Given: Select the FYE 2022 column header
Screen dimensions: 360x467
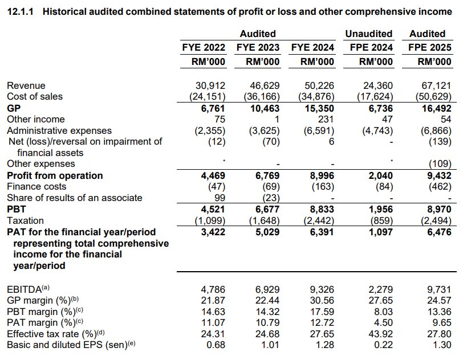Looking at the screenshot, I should (x=202, y=48).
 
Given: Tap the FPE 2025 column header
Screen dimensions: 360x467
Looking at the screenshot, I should (x=431, y=48).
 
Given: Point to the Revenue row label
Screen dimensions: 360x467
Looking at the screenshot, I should (x=26, y=85).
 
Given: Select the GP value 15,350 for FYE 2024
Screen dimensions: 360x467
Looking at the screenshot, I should (x=319, y=108).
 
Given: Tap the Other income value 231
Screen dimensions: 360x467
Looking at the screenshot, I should (x=326, y=119).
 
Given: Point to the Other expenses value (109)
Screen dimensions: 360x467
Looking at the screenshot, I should (x=438, y=164).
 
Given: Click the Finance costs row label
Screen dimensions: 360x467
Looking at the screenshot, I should (x=36, y=186).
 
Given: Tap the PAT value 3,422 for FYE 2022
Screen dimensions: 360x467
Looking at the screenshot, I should (x=212, y=232).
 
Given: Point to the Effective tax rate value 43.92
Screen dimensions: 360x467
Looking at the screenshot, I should (x=380, y=334).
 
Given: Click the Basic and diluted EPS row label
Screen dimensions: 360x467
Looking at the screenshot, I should (x=71, y=345).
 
